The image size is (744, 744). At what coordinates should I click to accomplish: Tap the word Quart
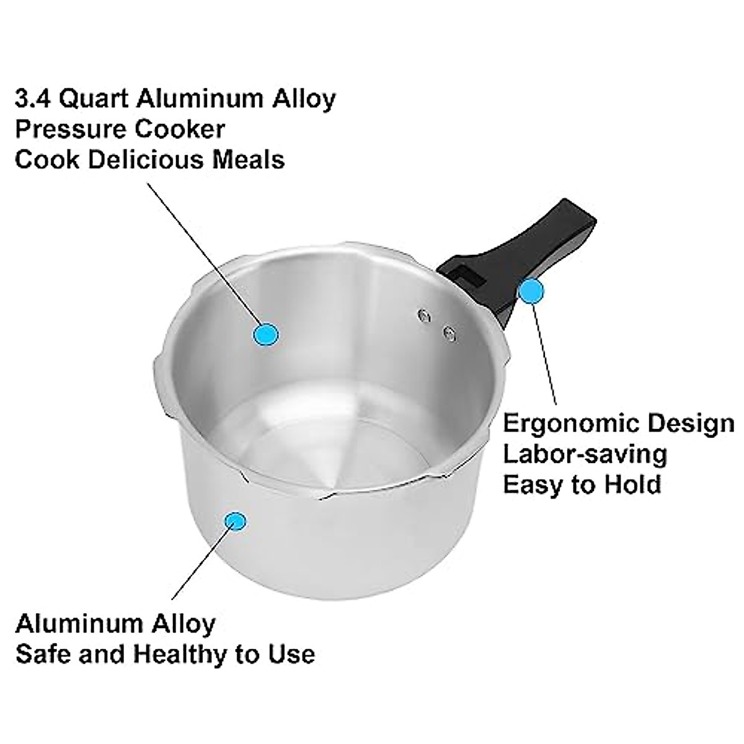[x=92, y=99]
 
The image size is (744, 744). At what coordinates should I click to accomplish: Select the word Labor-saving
[x=584, y=454]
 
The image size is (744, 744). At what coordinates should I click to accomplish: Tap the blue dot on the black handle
[x=531, y=291]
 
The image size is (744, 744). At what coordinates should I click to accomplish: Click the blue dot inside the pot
[x=266, y=334]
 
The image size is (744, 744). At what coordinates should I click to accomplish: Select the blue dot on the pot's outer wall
[x=234, y=521]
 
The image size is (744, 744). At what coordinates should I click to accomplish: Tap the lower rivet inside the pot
[x=449, y=334]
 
